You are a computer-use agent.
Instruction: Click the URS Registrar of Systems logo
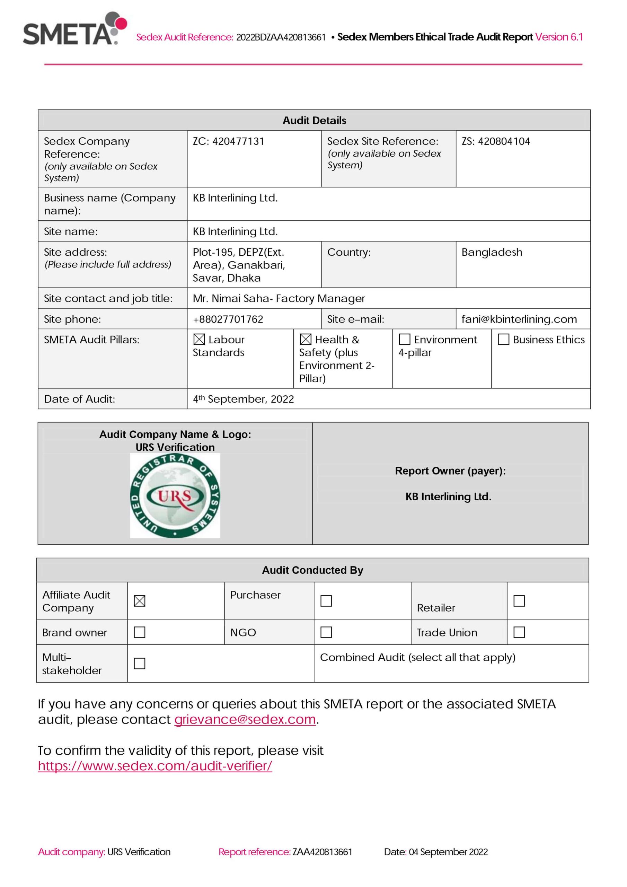(x=175, y=496)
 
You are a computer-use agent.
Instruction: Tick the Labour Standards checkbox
(x=199, y=339)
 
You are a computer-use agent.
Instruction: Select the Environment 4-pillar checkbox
(x=404, y=339)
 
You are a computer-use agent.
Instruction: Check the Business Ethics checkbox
(x=503, y=339)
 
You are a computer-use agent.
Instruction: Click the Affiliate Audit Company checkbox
(x=140, y=601)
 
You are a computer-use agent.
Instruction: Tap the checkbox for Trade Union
(x=519, y=632)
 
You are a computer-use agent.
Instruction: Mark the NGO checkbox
(x=326, y=632)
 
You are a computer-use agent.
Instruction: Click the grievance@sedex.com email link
(x=245, y=719)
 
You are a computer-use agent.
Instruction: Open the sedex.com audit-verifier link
(x=155, y=766)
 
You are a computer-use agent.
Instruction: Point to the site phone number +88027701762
(x=228, y=319)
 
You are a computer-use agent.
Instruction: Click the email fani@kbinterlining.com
(x=519, y=319)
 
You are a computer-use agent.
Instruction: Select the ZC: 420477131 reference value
(x=228, y=141)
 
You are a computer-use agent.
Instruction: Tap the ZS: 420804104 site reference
(x=496, y=141)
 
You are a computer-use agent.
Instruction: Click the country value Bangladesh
(x=492, y=252)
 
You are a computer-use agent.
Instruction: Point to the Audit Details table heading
(x=314, y=121)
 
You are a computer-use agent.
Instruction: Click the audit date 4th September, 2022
(x=244, y=399)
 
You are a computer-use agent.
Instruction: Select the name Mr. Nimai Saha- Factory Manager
(x=279, y=298)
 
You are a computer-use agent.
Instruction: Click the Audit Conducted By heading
(x=312, y=570)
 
